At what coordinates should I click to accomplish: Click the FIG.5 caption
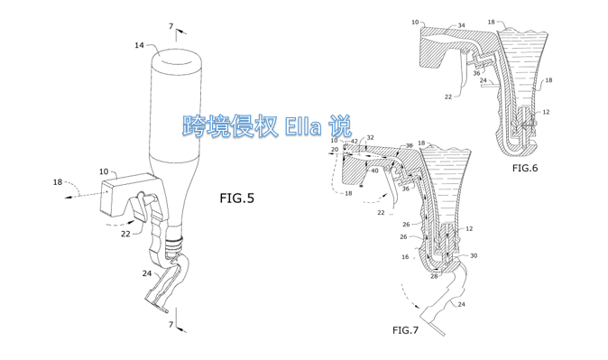236,198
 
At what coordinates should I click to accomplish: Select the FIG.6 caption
525,168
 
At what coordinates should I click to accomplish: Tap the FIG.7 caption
405,330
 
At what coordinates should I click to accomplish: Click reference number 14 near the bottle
139,45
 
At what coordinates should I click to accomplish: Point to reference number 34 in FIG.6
461,25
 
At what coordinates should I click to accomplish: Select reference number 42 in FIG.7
355,142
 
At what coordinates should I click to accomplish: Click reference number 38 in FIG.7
409,146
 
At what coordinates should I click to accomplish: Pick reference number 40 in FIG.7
374,171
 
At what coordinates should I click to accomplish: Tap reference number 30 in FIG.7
474,255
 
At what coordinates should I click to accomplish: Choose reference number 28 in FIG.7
434,276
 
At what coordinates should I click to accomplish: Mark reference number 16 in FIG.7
405,257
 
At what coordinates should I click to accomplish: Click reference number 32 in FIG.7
371,138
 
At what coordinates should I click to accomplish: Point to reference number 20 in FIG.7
335,150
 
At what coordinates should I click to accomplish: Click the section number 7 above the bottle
170,26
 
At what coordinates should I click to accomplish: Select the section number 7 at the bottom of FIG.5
170,324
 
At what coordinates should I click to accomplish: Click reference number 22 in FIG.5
125,234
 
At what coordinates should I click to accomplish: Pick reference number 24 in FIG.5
146,273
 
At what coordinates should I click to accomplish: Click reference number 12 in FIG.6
546,112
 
